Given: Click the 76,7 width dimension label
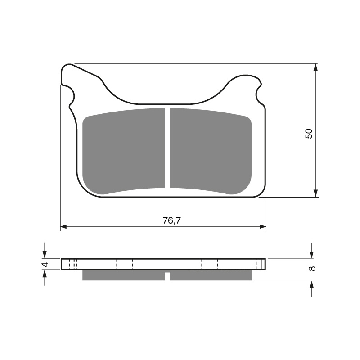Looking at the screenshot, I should click(168, 220).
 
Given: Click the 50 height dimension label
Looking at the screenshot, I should click(308, 133).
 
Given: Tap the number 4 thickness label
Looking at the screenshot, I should click(45, 265).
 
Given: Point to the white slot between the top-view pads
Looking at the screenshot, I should click(167, 148).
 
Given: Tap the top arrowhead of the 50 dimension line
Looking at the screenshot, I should click(315, 67).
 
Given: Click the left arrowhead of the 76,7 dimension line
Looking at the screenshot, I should click(64, 226).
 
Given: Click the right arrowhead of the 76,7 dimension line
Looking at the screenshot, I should click(262, 226).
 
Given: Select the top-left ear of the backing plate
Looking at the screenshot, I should click(68, 76).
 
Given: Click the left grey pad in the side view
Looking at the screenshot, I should click(123, 275).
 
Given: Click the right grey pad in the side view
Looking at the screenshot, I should click(210, 275).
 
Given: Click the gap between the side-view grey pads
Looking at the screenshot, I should click(167, 276).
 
